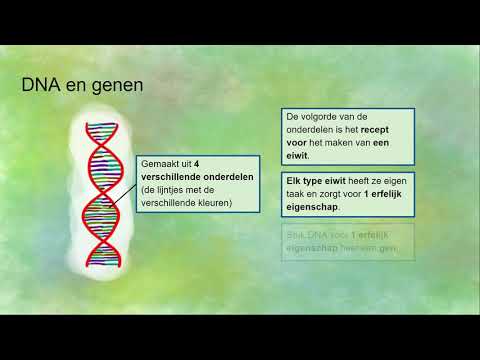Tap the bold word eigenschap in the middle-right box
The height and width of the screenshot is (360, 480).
(x=311, y=208)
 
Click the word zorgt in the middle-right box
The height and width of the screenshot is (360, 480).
(x=340, y=195)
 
